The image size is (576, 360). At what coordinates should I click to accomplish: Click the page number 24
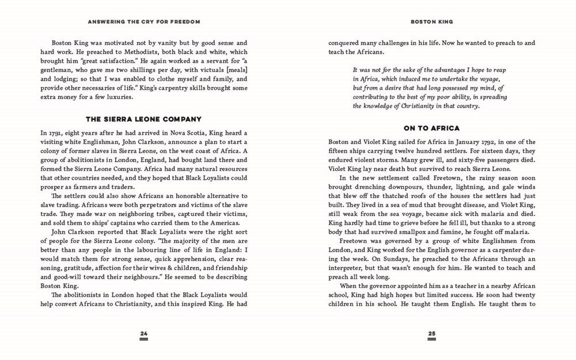point(144,333)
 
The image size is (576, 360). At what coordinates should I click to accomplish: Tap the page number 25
point(432,333)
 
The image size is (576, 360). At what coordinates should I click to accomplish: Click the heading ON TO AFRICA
point(431,128)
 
